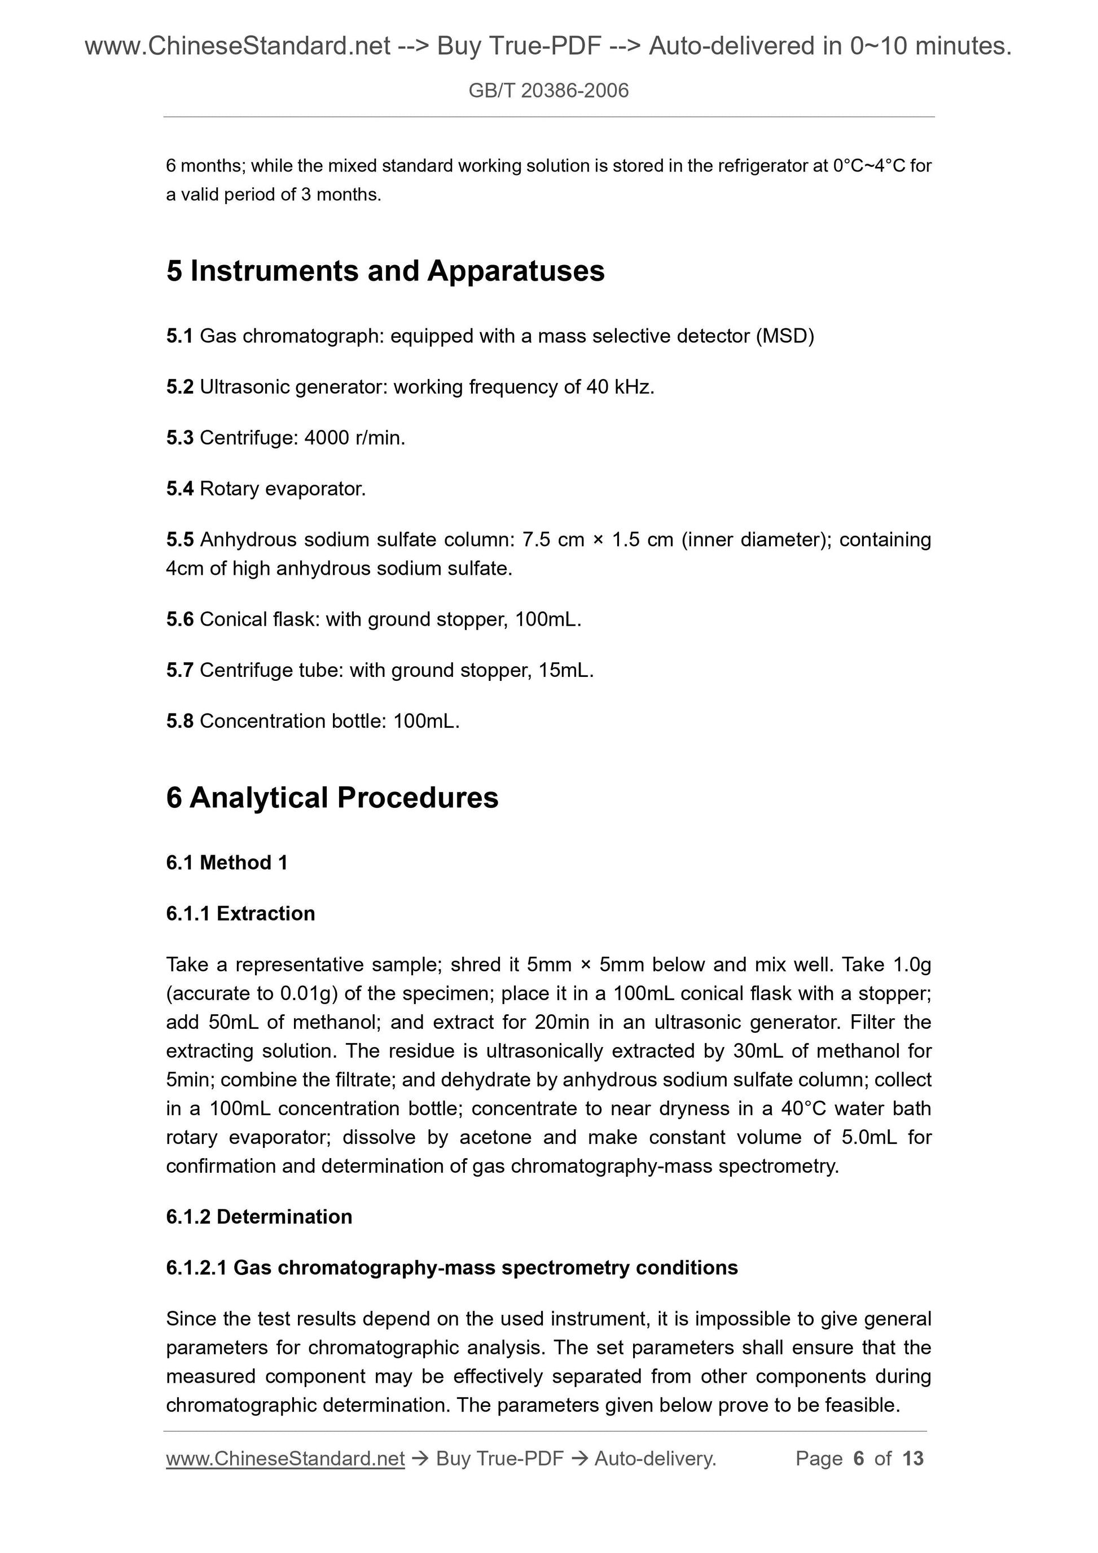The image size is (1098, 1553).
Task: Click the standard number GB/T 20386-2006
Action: (x=548, y=91)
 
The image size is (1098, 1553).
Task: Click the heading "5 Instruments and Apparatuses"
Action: (x=385, y=271)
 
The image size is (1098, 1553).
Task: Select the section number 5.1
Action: (x=179, y=336)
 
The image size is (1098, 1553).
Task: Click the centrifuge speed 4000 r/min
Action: (x=354, y=438)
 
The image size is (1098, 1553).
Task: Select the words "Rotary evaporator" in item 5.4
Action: (x=282, y=489)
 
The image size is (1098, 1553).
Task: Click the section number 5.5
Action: (x=179, y=540)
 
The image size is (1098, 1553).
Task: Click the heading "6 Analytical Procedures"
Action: (x=332, y=798)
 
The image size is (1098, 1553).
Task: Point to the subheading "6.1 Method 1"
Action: (x=227, y=863)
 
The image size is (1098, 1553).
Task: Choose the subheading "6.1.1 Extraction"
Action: (x=240, y=914)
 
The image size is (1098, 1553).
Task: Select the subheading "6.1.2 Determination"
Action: (x=258, y=1217)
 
